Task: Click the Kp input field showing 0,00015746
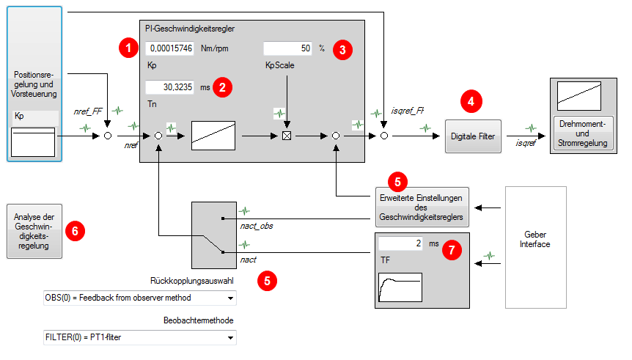click(x=169, y=48)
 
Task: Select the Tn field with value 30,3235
click(x=169, y=87)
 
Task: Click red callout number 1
click(x=128, y=49)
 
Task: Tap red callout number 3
click(x=342, y=49)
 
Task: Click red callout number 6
click(x=75, y=230)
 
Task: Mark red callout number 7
click(x=452, y=250)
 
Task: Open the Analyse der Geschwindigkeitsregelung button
click(x=34, y=231)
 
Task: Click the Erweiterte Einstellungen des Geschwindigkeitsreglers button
click(x=419, y=207)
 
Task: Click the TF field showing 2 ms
click(x=400, y=243)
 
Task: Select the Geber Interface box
click(x=535, y=244)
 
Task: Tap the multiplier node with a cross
click(x=288, y=136)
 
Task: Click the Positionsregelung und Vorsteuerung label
click(x=34, y=84)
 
